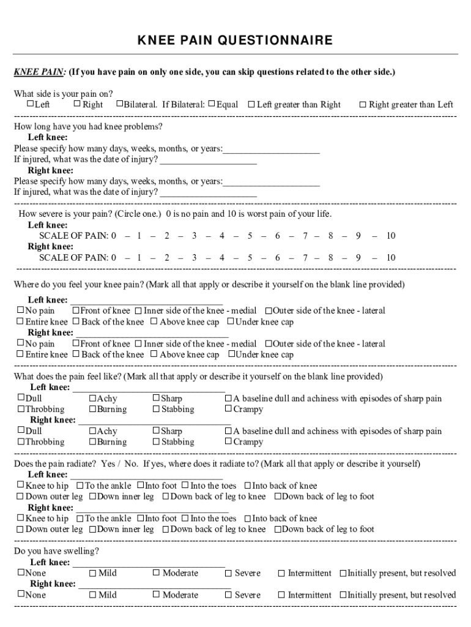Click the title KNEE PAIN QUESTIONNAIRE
tap(235, 41)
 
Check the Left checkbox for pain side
tap(29, 104)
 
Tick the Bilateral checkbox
tap(119, 104)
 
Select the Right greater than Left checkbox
tap(363, 105)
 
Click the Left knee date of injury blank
tap(208, 160)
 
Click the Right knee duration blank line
tap(272, 181)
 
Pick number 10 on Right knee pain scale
tap(390, 258)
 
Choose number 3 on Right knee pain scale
tap(194, 258)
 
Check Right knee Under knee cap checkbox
tap(232, 355)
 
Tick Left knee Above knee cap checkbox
tap(154, 321)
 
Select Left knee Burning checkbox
tap(92, 409)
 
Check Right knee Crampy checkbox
tap(228, 441)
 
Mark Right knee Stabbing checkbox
tap(156, 441)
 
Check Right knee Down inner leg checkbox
tap(92, 529)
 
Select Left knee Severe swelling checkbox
tap(228, 574)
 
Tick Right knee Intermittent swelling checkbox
tap(281, 595)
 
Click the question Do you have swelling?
tap(56, 551)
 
